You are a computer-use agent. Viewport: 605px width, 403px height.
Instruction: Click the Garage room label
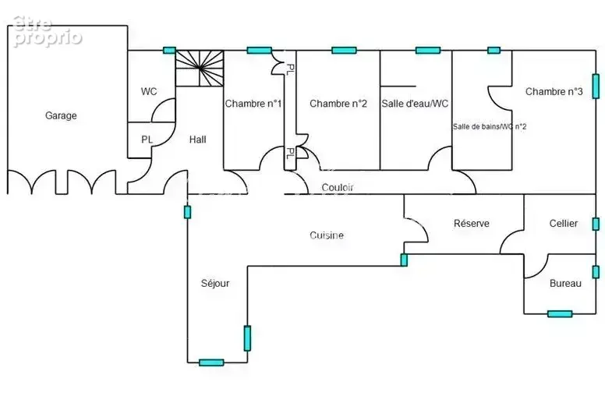61,115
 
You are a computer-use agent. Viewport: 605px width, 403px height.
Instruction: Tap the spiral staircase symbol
200,69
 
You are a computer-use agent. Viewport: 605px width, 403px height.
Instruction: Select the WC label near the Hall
149,91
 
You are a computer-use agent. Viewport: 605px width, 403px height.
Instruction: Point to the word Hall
197,140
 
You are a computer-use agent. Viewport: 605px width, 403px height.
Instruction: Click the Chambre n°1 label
253,104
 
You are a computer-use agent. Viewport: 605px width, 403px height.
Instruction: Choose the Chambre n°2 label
338,104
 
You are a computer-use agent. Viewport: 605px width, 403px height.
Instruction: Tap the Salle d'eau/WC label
415,104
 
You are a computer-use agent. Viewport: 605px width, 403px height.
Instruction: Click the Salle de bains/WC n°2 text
490,126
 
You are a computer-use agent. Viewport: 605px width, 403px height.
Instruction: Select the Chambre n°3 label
554,91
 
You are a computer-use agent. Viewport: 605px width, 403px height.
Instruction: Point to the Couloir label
338,187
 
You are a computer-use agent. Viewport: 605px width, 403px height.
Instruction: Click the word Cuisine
327,235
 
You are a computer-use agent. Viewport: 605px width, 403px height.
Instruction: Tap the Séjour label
215,284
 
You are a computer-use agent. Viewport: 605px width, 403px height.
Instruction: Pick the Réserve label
472,223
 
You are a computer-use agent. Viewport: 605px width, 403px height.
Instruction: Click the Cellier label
564,223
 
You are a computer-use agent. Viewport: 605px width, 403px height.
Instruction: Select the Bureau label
565,284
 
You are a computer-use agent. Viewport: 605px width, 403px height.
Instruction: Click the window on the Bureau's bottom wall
560,314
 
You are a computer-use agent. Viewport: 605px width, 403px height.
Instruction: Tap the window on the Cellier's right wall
596,224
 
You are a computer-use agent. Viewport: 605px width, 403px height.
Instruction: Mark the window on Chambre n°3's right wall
596,87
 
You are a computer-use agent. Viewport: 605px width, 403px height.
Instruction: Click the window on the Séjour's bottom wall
211,362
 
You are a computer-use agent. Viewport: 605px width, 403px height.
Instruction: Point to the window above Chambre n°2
344,50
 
